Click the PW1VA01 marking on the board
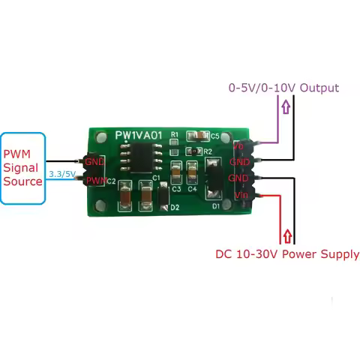(x=138, y=135)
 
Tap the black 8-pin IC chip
(x=140, y=159)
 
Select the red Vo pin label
(x=238, y=146)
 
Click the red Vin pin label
(x=240, y=195)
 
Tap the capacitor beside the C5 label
(x=198, y=136)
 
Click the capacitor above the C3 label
(x=176, y=173)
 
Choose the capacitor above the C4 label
(x=192, y=173)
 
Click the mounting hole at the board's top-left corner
(x=100, y=138)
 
